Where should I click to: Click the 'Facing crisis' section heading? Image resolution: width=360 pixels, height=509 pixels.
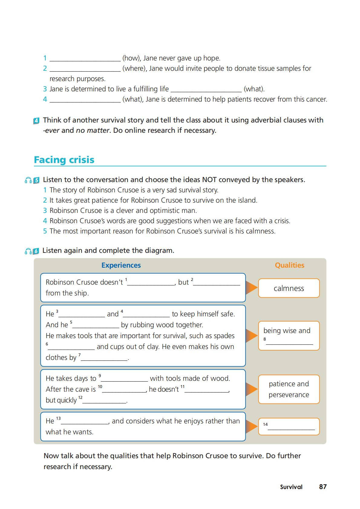(x=64, y=160)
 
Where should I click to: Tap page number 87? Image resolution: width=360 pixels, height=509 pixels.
(x=323, y=487)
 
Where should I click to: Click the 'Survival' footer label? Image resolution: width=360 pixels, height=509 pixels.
(x=291, y=487)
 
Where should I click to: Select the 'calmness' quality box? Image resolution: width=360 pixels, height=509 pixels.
(x=289, y=288)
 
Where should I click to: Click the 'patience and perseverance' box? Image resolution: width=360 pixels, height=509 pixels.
(x=289, y=389)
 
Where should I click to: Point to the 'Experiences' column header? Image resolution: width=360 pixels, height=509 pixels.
(x=121, y=265)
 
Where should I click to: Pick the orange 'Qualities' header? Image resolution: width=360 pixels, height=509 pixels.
(x=290, y=265)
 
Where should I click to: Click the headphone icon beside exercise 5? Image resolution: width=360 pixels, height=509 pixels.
(x=28, y=180)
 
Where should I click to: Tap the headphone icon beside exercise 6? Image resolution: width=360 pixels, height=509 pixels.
(x=28, y=251)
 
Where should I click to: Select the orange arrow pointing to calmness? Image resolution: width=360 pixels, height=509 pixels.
(x=251, y=288)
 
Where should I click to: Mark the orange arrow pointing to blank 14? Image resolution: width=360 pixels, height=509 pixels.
(x=251, y=426)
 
